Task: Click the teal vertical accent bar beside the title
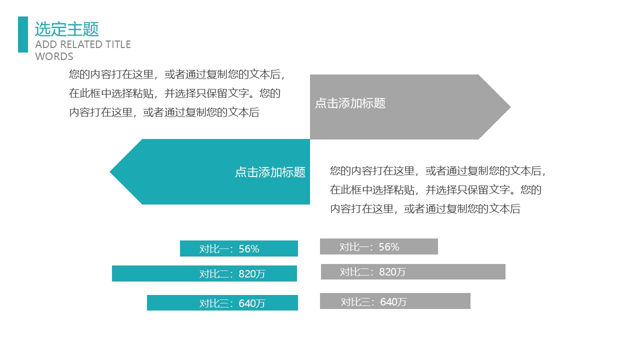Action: click(x=23, y=34)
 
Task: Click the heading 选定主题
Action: click(x=67, y=29)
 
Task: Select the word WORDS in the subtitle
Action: click(x=54, y=56)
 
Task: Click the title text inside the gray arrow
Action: click(x=350, y=103)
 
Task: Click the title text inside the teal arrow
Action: click(x=270, y=172)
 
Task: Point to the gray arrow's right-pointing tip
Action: click(x=510, y=107)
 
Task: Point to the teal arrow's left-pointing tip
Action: click(x=110, y=171)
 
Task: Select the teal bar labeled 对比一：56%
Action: click(x=239, y=248)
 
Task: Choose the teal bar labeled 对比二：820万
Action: click(x=204, y=273)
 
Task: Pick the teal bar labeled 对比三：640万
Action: click(x=222, y=302)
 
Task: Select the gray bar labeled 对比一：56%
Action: click(x=379, y=246)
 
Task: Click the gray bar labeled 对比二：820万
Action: click(x=413, y=271)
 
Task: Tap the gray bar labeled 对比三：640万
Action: click(x=395, y=301)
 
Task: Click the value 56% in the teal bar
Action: click(x=249, y=249)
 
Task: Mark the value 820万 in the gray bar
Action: click(x=392, y=272)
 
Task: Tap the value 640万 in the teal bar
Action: click(x=252, y=303)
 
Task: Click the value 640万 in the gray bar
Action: click(x=393, y=301)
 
